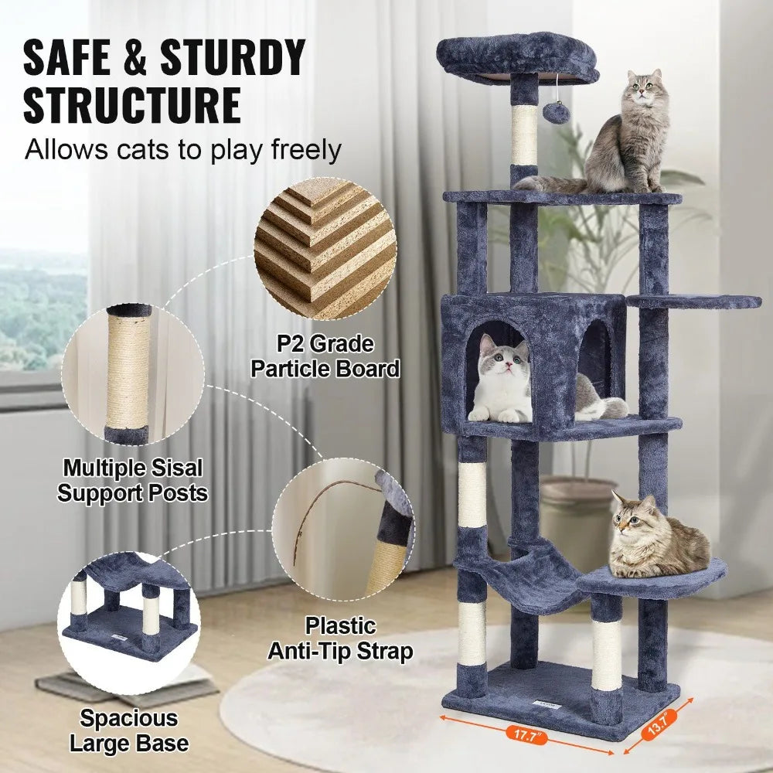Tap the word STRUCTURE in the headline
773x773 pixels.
131,106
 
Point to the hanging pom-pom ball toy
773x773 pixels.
556,114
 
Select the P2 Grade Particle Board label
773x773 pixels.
325,356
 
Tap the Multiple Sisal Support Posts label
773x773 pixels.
133,480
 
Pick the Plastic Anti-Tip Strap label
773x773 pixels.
340,638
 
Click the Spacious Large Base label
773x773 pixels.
129,730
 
